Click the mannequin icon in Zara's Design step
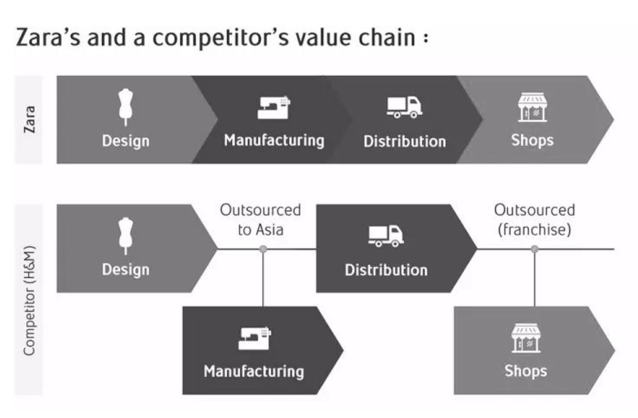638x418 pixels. pyautogui.click(x=126, y=107)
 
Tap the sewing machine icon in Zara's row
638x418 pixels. pyautogui.click(x=274, y=107)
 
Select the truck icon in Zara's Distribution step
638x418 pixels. pyautogui.click(x=405, y=107)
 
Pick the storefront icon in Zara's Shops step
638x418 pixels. pyautogui.click(x=532, y=107)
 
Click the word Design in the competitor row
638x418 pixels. pyautogui.click(x=126, y=270)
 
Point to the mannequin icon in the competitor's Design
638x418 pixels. pyautogui.click(x=126, y=236)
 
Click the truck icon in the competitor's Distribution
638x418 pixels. pyautogui.click(x=386, y=236)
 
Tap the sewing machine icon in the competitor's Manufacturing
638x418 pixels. pyautogui.click(x=255, y=338)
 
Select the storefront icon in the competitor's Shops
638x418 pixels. pyautogui.click(x=526, y=338)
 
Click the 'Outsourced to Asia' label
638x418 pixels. pyautogui.click(x=261, y=220)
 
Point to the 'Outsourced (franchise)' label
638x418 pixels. pyautogui.click(x=535, y=220)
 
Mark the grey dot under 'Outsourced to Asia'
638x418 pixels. pyautogui.click(x=263, y=249)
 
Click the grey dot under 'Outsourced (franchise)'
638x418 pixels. pyautogui.click(x=535, y=249)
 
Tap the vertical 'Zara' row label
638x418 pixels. pyautogui.click(x=29, y=119)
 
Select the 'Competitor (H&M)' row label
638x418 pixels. pyautogui.click(x=29, y=301)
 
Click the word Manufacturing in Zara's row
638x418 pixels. pyautogui.click(x=274, y=141)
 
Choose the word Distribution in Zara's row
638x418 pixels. pyautogui.click(x=405, y=142)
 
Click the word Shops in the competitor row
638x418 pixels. pyautogui.click(x=526, y=371)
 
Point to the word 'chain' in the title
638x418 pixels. pyautogui.click(x=387, y=38)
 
